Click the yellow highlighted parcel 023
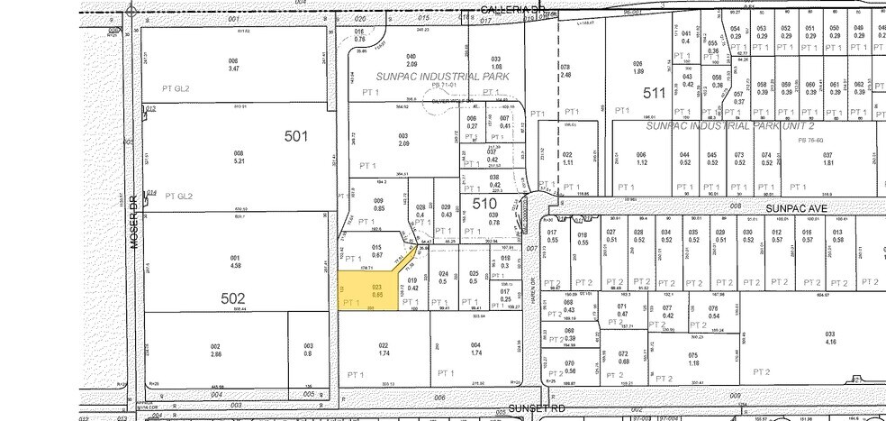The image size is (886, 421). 369,290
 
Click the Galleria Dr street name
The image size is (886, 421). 513,8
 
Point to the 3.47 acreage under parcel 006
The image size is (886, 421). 233,69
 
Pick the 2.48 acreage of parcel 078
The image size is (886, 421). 565,75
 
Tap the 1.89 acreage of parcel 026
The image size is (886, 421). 639,71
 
